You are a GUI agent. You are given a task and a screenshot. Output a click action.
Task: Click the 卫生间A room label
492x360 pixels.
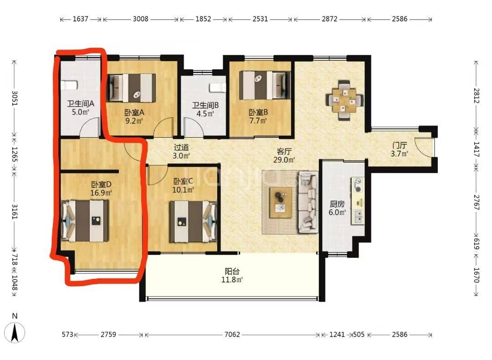[x=81, y=103]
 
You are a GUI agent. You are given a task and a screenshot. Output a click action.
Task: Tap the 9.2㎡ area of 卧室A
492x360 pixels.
[x=134, y=120]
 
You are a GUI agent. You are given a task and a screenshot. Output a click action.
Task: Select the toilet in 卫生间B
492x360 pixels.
[x=218, y=87]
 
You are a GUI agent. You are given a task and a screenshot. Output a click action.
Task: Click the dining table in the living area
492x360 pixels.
[x=344, y=100]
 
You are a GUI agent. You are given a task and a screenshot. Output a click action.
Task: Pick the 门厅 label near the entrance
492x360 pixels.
[x=400, y=145]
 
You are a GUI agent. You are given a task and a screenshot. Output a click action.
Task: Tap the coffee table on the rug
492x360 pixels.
[x=281, y=203]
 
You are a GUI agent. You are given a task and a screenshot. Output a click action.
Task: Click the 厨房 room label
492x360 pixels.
[x=337, y=204]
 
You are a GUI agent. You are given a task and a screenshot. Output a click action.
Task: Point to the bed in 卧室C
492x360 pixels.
[x=193, y=221]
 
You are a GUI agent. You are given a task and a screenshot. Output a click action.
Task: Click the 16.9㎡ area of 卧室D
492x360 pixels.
[x=101, y=193]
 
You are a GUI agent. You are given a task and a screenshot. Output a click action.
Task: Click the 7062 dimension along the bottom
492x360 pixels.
[x=232, y=334]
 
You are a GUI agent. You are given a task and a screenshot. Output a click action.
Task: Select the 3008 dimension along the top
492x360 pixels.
[x=141, y=19]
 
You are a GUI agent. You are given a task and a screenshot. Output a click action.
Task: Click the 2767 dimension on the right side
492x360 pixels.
[x=477, y=203]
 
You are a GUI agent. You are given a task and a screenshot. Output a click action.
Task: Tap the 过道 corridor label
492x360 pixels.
[x=182, y=147]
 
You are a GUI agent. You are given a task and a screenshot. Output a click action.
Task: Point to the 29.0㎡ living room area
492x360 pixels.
[x=284, y=160]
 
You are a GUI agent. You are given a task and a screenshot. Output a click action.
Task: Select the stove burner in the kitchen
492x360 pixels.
[x=358, y=185]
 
